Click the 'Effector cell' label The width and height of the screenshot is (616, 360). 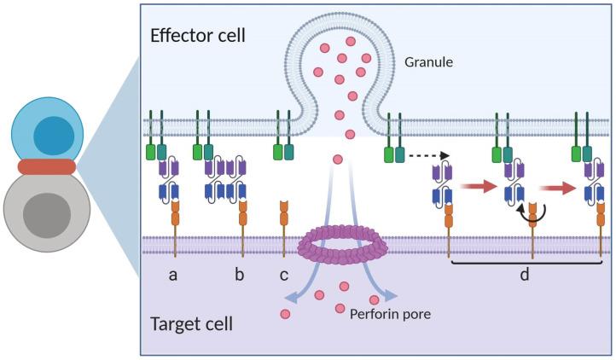(x=196, y=36)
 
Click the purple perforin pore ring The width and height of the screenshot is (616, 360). (x=342, y=245)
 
